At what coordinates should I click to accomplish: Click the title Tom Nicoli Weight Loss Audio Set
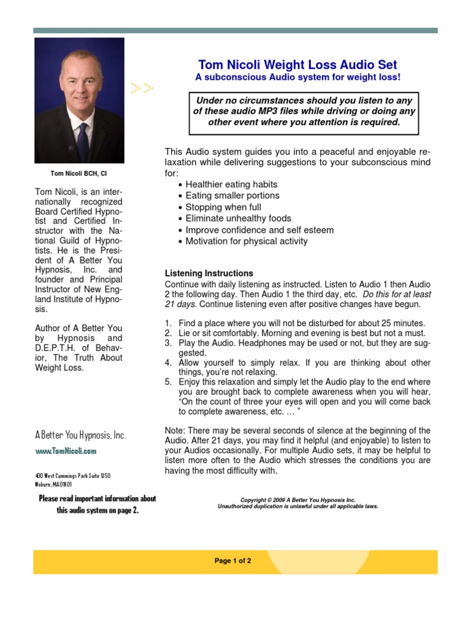tap(297, 64)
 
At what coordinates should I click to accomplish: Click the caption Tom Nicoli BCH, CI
tap(78, 174)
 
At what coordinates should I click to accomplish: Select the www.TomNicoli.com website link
tap(66, 451)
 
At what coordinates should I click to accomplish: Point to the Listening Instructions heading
tap(209, 273)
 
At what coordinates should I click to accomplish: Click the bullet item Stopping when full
tap(223, 207)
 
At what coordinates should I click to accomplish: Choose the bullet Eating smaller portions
tap(232, 195)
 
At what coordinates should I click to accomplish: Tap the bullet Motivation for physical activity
tap(247, 241)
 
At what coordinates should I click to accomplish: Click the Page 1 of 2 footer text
tap(233, 561)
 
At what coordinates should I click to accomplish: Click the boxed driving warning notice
tap(304, 111)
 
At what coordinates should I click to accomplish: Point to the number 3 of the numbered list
tap(167, 342)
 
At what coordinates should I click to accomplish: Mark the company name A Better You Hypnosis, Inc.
tap(80, 435)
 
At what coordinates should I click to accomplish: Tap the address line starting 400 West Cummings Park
tap(73, 476)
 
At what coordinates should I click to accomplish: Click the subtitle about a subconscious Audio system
tap(297, 77)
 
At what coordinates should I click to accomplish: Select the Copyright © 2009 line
tap(297, 500)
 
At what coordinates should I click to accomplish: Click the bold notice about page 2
tap(98, 504)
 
